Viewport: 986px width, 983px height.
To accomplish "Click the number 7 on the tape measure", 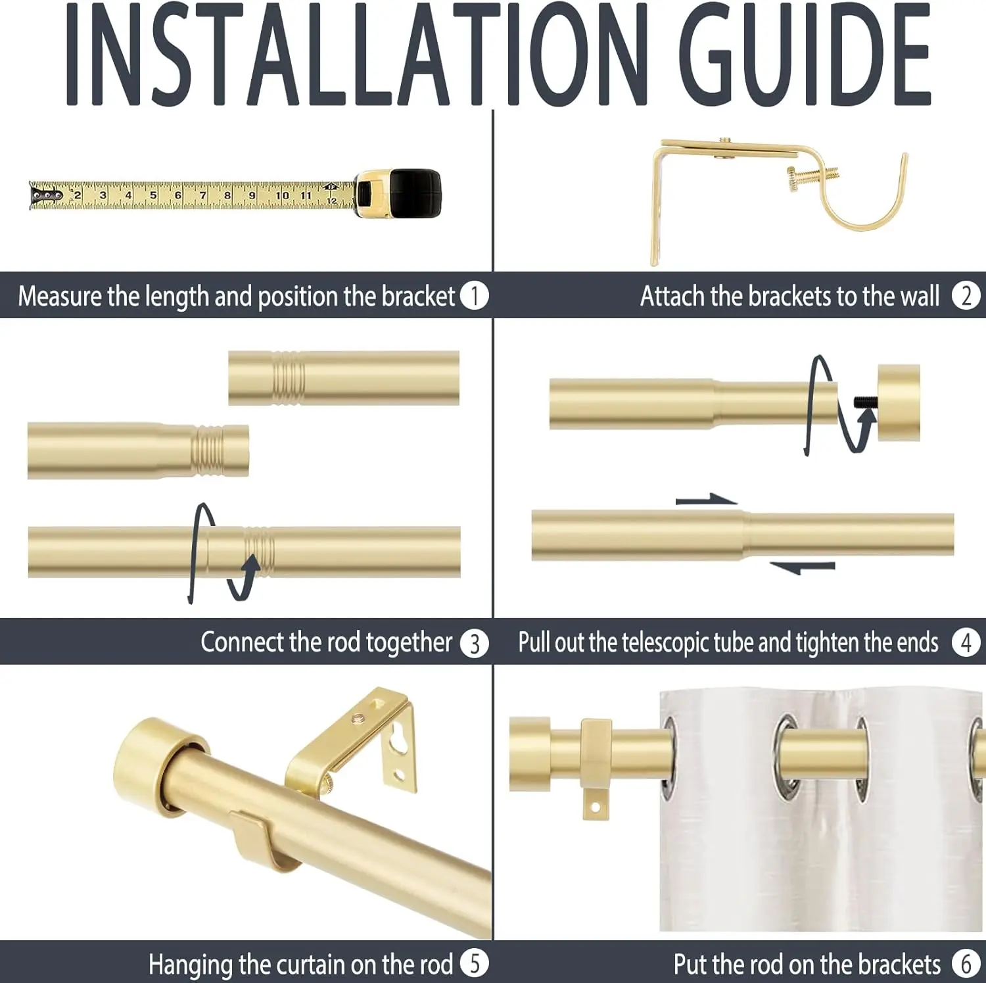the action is pos(202,195).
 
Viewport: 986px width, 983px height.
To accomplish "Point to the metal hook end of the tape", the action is pos(46,195).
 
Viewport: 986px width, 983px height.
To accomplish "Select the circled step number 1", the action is pos(474,296).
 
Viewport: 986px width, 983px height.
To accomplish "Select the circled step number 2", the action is pos(966,296).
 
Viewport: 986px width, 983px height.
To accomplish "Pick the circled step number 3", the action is pos(474,643).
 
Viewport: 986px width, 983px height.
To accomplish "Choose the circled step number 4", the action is pos(966,642).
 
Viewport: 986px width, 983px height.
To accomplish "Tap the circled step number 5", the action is pos(474,964).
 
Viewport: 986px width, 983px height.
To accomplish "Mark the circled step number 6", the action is pos(966,964).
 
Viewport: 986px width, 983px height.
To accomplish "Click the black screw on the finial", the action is pos(865,402).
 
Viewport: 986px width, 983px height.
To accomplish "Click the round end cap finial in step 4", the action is pos(899,402).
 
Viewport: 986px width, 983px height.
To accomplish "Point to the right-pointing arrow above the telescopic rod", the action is pos(707,500).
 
